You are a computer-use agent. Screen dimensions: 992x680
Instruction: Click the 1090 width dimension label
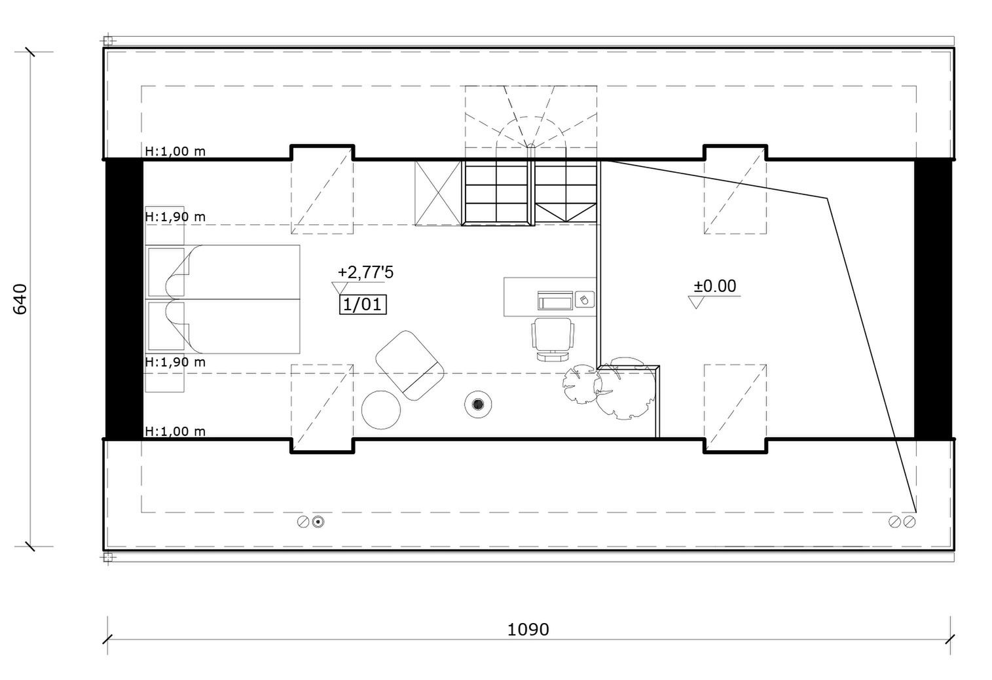tap(528, 629)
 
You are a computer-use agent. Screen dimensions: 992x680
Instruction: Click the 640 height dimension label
tap(21, 299)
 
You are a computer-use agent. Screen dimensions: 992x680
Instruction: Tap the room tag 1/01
tap(363, 304)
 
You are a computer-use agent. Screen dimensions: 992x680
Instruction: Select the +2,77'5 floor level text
tap(365, 272)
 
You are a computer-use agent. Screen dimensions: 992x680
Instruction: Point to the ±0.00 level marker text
tap(715, 286)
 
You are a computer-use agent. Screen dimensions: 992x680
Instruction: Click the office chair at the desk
tap(553, 339)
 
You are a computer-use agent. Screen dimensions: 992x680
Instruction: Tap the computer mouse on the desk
tap(584, 300)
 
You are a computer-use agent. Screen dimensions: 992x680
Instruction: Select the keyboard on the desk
tap(555, 300)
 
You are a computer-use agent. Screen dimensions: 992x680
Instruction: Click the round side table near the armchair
tap(381, 410)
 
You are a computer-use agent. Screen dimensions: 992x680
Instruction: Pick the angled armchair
tap(410, 366)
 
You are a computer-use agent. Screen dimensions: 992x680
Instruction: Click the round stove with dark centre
tap(478, 404)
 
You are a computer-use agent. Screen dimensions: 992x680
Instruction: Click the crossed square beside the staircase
tap(438, 194)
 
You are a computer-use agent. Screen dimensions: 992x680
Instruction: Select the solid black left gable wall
tap(124, 299)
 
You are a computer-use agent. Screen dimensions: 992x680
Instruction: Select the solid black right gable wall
tap(933, 299)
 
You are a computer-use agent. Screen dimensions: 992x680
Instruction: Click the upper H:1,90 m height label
tap(175, 217)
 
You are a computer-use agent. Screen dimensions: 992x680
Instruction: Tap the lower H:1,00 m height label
tap(175, 431)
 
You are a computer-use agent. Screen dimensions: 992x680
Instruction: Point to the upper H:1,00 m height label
tap(175, 151)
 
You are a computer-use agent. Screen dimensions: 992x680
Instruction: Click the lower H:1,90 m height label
tap(175, 362)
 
